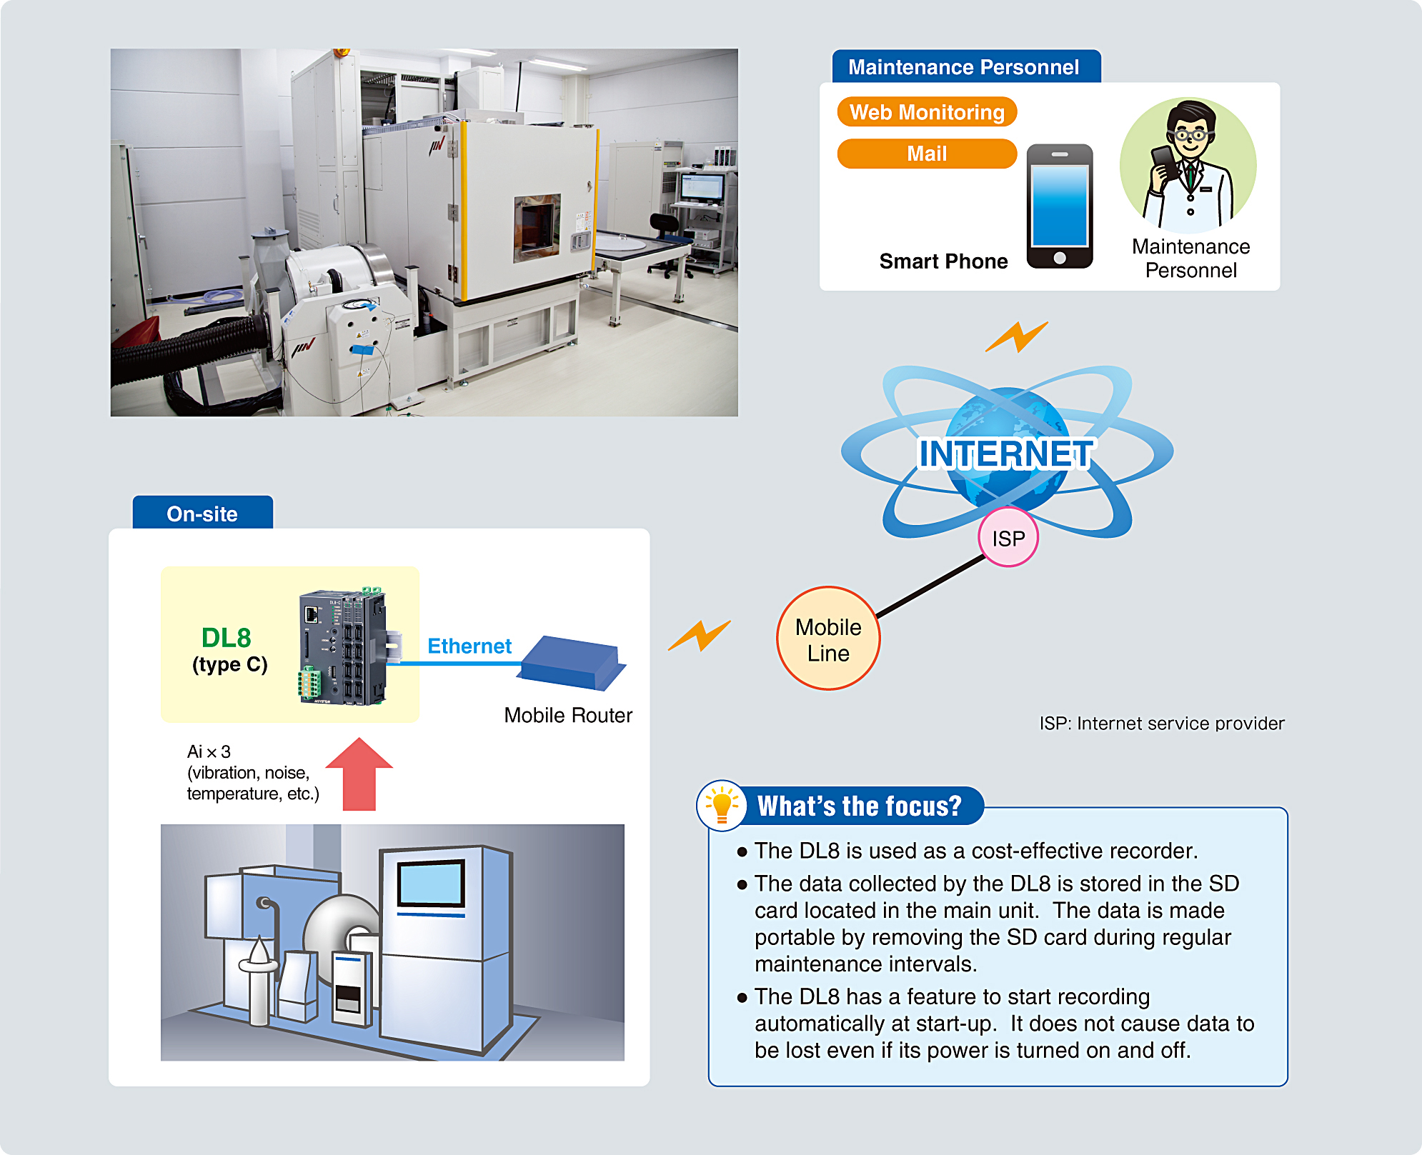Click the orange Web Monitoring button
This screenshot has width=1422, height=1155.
point(926,112)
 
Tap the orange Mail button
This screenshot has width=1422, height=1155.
point(926,154)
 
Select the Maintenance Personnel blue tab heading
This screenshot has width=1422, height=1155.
point(965,67)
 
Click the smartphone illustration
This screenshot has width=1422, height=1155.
point(1059,206)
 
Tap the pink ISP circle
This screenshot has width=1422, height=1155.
point(1008,539)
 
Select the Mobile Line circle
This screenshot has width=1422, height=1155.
point(828,639)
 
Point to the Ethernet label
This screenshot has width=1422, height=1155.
point(469,646)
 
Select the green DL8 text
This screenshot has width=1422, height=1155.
point(226,637)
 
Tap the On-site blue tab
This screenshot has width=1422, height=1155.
point(202,514)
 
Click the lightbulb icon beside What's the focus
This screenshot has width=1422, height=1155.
point(722,805)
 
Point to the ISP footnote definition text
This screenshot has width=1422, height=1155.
point(1161,724)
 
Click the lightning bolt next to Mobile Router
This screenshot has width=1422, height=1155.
point(699,635)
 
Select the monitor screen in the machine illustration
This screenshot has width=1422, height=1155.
point(432,883)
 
